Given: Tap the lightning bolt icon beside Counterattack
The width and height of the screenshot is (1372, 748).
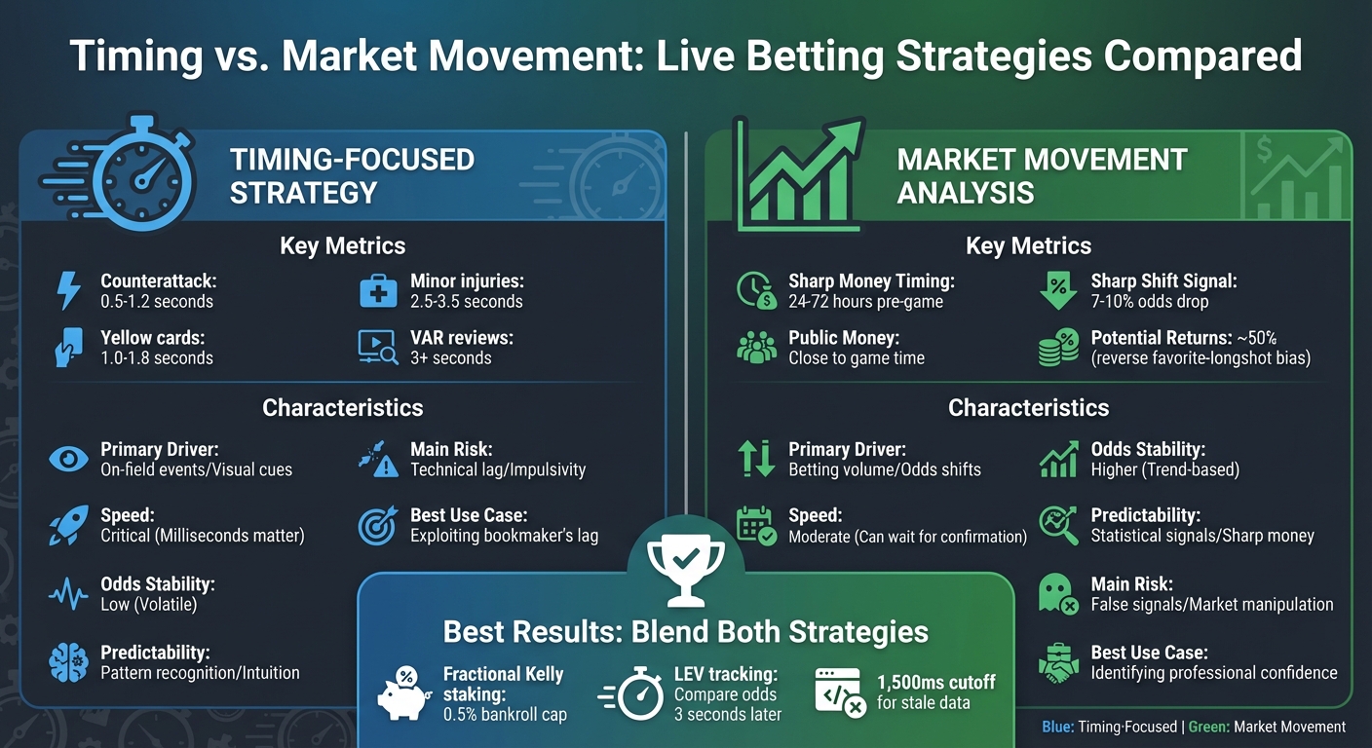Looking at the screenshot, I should point(68,291).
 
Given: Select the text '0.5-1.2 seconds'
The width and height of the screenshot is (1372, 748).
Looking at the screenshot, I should point(156,302).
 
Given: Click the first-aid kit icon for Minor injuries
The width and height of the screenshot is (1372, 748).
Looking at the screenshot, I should point(378,291).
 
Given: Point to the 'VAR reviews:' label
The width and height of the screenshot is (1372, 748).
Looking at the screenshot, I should point(461,338).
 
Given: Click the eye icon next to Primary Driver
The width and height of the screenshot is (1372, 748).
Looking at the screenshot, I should point(68,460).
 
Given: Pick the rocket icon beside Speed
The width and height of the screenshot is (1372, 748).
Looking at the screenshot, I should point(68,526).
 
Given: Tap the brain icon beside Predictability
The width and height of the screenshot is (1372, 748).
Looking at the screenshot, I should point(68,663).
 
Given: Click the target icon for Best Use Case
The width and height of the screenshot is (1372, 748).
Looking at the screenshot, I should point(378,526).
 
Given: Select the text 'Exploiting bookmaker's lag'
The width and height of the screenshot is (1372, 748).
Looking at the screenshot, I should point(504,536).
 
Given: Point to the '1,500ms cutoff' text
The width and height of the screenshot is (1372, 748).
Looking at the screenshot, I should point(935,682).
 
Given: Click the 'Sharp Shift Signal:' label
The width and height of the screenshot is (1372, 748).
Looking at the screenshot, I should point(1163,281).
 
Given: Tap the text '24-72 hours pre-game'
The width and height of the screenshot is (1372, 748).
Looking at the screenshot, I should point(865,302).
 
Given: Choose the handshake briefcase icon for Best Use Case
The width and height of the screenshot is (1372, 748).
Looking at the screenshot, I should point(1057,663).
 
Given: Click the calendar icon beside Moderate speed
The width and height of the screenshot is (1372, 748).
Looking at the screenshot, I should point(755,526).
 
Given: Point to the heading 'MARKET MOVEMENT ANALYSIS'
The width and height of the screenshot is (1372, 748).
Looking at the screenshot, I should point(1042,175).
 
